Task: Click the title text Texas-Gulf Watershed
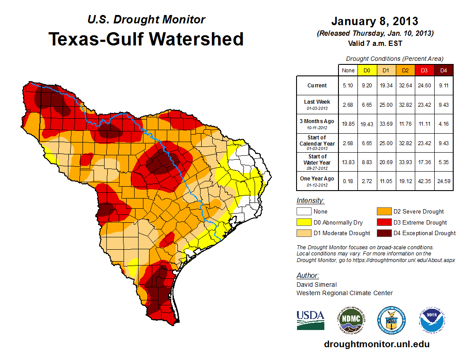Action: tap(146, 39)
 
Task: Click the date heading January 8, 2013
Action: tap(375, 21)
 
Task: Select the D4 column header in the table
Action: tap(443, 70)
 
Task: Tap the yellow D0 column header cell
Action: tap(367, 70)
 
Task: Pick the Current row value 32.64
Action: tap(405, 86)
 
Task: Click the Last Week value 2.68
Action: tap(348, 105)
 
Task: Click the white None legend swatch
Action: tap(304, 212)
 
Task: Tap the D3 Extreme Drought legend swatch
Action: tap(383, 222)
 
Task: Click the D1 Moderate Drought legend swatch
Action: tap(304, 233)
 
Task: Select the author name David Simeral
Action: tap(316, 285)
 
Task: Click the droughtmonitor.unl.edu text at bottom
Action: tap(376, 344)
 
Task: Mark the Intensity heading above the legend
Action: tap(310, 201)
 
